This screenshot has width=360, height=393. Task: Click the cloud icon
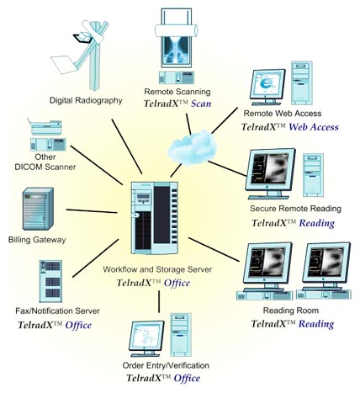[x=193, y=148]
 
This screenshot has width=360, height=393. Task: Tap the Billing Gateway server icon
[x=38, y=209]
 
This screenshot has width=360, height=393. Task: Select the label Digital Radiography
[x=86, y=100]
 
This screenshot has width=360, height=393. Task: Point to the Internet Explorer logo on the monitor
[x=266, y=83]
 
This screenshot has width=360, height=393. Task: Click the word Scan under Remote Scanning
[x=201, y=104]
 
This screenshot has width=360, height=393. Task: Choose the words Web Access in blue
[x=314, y=127]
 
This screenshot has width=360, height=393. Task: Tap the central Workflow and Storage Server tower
[x=155, y=218]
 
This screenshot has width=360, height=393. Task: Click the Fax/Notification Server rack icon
[x=50, y=281]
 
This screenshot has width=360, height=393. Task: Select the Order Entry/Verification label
[x=166, y=365]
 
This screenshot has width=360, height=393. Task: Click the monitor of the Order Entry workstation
[x=146, y=338]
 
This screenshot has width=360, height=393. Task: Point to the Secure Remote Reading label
[x=295, y=209]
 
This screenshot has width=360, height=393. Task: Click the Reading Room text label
[x=291, y=311]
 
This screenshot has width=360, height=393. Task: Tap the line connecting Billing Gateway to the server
[x=92, y=211]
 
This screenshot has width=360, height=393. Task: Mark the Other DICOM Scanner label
[x=45, y=162]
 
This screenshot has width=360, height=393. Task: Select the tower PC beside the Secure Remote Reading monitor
[x=313, y=175]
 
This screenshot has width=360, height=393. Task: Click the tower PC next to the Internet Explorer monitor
[x=302, y=83]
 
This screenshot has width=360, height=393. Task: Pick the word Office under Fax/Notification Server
[x=78, y=326]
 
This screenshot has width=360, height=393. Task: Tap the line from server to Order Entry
[x=159, y=301]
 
